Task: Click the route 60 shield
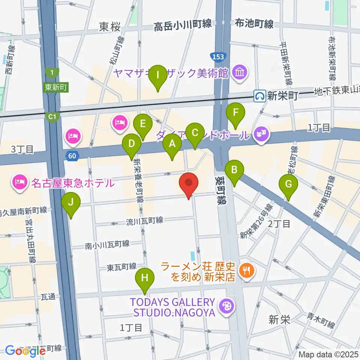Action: pos(73,155)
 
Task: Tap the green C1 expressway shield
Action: pos(52,117)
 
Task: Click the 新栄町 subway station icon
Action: pos(259,96)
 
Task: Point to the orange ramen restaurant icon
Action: pos(247,270)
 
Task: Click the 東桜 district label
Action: pos(110,27)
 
